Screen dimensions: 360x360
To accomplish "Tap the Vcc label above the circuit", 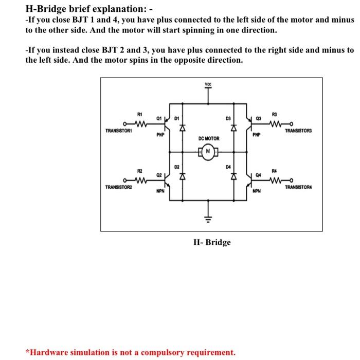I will click(208, 84).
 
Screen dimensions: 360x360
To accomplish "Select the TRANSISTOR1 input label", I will click(119, 131).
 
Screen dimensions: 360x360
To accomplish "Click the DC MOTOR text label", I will click(208, 139).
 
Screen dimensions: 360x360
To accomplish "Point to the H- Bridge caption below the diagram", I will click(212, 242).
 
